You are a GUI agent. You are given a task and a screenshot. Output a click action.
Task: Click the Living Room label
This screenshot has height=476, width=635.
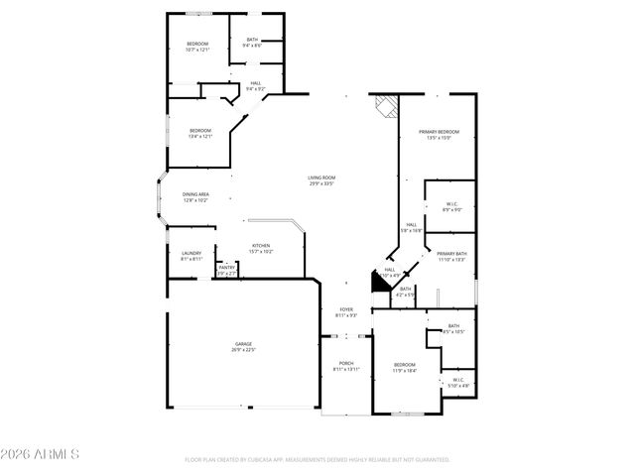pos(320,178)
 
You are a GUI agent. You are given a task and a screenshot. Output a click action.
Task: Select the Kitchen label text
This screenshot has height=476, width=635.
pos(261,246)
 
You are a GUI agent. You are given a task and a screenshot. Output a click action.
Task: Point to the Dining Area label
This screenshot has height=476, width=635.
pos(195,194)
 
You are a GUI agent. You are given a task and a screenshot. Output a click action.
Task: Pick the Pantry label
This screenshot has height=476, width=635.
pos(227,267)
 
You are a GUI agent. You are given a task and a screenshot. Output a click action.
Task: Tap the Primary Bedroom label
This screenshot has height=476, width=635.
pos(439,132)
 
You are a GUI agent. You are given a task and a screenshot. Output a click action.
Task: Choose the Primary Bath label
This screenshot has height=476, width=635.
pos(451,254)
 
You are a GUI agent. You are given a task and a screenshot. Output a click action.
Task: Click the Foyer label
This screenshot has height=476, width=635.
pos(346,309)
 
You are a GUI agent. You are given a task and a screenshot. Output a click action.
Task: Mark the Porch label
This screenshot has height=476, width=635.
pos(346,363)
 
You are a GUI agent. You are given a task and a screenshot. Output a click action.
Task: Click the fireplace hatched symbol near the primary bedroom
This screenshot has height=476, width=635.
pos(385,104)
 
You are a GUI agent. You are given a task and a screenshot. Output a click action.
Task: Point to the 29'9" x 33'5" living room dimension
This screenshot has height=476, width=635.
pos(320,184)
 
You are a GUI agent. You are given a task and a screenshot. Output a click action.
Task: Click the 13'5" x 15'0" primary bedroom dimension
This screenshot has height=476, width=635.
pos(439,138)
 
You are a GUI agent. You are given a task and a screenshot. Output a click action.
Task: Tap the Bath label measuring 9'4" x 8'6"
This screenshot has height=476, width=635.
pos(252,46)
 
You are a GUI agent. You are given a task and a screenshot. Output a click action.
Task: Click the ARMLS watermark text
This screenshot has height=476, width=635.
pos(41,454)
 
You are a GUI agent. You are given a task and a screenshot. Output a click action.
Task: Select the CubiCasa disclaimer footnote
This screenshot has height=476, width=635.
pos(317,459)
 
